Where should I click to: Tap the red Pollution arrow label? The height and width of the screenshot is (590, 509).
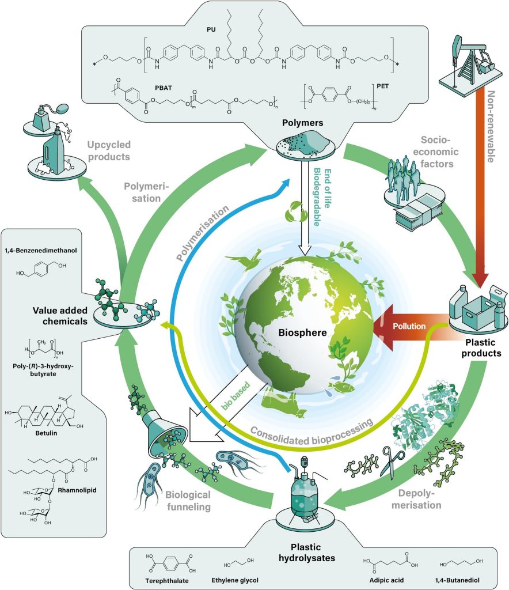[x=409, y=326]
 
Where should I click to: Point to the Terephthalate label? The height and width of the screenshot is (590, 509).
[x=163, y=578]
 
